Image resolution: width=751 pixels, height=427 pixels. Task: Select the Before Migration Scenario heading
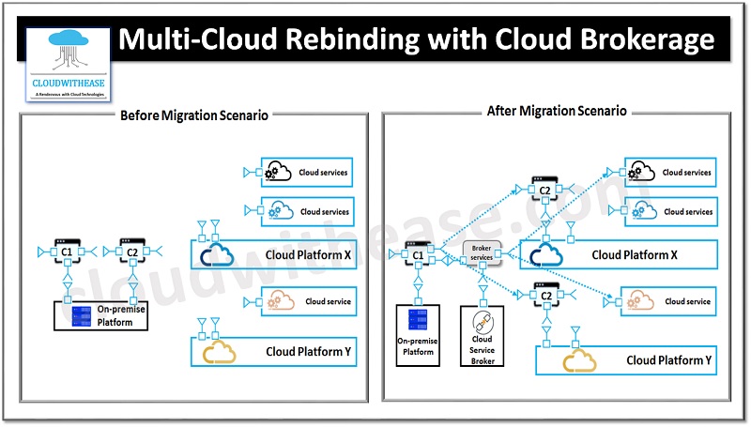[194, 114]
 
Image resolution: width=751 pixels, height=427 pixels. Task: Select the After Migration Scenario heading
[557, 111]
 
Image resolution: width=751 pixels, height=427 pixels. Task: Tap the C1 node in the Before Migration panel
[67, 251]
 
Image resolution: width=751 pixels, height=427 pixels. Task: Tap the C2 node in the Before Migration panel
[131, 251]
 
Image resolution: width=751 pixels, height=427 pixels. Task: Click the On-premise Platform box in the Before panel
[100, 315]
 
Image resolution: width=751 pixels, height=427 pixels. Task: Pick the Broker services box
[483, 252]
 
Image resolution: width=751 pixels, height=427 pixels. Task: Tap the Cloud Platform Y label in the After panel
[668, 360]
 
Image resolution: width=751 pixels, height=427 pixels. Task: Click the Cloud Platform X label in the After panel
[634, 254]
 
